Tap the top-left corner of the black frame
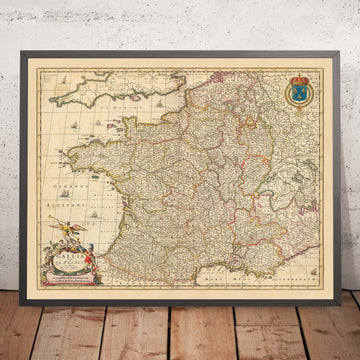coord(21,43)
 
